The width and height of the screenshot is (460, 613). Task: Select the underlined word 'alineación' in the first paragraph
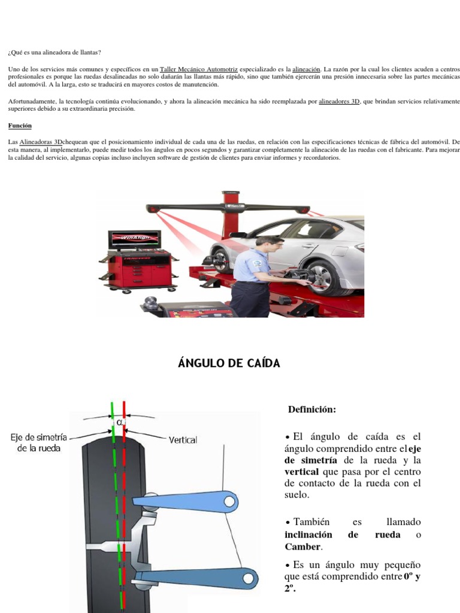306,69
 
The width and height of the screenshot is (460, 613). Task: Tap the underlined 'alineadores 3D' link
339,102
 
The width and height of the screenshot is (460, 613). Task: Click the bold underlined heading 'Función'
20,126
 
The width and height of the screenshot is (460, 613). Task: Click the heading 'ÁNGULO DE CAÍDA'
229,363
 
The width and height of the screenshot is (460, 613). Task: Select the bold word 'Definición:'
312,409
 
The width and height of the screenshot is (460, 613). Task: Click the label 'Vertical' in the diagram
183,439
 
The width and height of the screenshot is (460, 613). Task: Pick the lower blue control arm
195,579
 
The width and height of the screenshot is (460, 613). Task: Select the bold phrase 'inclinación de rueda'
343,535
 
